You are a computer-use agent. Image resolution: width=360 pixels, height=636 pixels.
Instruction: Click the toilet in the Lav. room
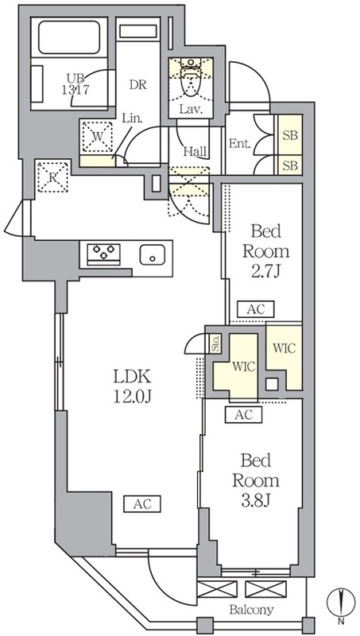(191, 79)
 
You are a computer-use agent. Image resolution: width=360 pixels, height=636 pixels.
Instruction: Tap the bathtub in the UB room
(69, 37)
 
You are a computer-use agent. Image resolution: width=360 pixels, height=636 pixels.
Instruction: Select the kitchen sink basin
(153, 254)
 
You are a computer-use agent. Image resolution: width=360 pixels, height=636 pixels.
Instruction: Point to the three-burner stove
(104, 254)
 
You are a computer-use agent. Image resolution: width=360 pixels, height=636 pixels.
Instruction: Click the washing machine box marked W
(97, 137)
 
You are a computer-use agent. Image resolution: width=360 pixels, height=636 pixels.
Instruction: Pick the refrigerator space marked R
(52, 176)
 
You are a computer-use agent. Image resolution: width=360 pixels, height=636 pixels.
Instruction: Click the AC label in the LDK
(142, 504)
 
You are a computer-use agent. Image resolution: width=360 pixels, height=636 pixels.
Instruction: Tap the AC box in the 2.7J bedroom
(256, 309)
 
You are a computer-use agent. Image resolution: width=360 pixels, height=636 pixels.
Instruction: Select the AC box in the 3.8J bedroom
(243, 414)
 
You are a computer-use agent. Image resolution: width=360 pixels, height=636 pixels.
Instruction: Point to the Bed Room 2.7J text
(266, 252)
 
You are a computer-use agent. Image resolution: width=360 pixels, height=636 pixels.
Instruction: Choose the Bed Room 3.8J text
(255, 481)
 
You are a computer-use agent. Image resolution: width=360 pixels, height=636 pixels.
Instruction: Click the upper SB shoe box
(290, 134)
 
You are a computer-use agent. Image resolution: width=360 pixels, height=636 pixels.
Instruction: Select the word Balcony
(251, 609)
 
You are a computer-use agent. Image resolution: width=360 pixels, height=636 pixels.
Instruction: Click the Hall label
(195, 152)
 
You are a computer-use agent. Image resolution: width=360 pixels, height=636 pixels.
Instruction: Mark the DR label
(138, 85)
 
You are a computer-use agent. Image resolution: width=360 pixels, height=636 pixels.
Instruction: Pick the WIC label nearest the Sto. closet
(244, 367)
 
